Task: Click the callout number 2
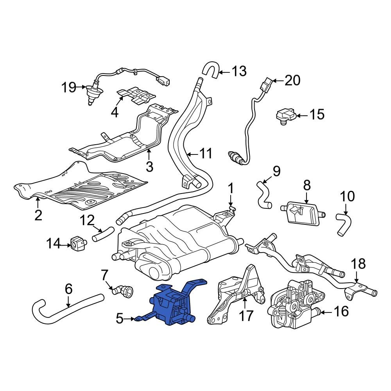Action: coord(38,215)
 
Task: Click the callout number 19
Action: coord(69,87)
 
